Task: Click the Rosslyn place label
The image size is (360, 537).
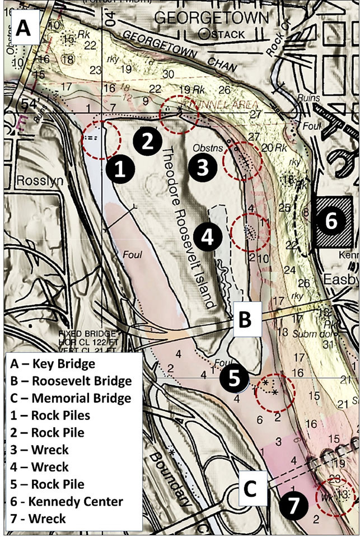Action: (x=34, y=181)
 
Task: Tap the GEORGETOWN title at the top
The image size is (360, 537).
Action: (x=211, y=18)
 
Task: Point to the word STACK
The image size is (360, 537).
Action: (x=226, y=34)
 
